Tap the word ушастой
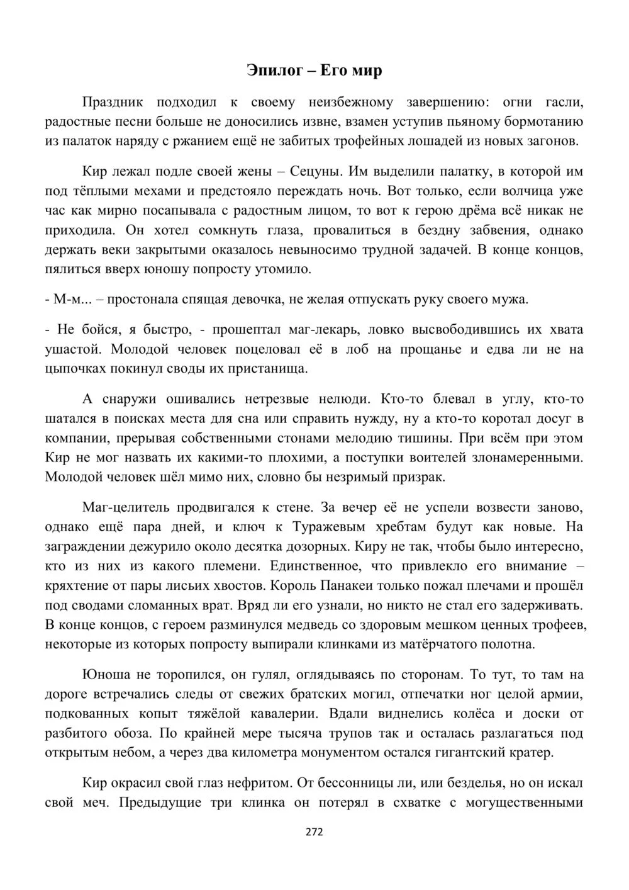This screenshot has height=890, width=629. (69, 349)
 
